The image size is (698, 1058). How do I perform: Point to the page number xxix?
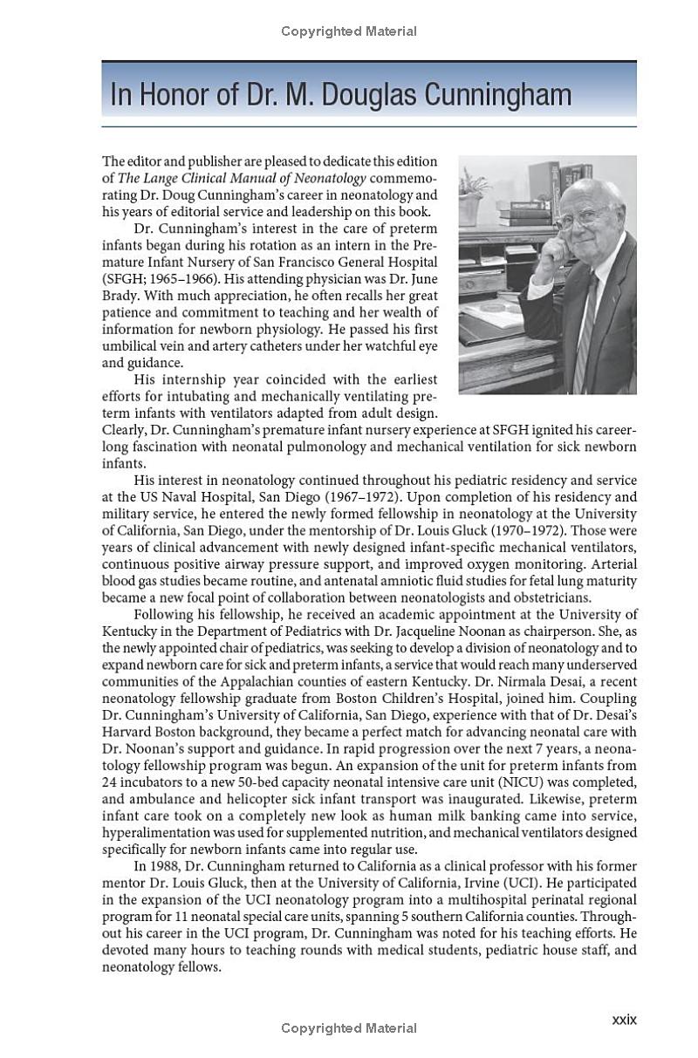coord(624,1019)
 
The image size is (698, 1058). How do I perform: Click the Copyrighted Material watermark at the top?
coord(349,31)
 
